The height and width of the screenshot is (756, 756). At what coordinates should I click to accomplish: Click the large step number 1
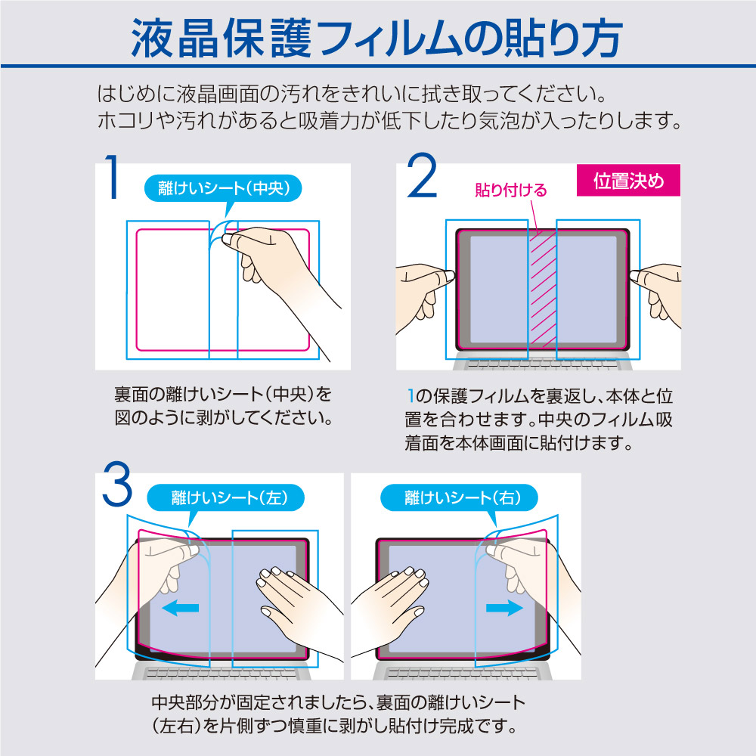pyautogui.click(x=113, y=177)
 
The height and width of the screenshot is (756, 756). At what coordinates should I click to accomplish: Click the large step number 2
pyautogui.click(x=422, y=175)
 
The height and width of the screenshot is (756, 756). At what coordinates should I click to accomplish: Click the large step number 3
pyautogui.click(x=117, y=484)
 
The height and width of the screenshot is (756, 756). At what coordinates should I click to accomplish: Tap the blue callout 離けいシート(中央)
pyautogui.click(x=223, y=188)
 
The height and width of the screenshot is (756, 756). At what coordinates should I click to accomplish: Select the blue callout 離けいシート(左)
pyautogui.click(x=225, y=497)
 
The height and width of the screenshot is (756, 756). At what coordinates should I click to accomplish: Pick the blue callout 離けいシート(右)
pyautogui.click(x=459, y=497)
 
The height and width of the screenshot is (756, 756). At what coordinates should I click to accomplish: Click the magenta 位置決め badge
pyautogui.click(x=628, y=181)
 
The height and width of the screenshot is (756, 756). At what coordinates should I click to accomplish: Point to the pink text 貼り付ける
pyautogui.click(x=510, y=190)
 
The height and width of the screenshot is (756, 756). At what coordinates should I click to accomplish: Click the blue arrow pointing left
pyautogui.click(x=181, y=609)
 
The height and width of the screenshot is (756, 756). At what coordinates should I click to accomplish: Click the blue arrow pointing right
pyautogui.click(x=504, y=608)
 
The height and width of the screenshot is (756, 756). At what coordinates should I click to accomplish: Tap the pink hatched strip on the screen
pyautogui.click(x=543, y=290)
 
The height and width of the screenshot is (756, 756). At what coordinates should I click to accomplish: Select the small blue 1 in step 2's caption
pyautogui.click(x=411, y=396)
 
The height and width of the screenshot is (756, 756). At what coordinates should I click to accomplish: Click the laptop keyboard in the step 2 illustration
pyautogui.click(x=542, y=364)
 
